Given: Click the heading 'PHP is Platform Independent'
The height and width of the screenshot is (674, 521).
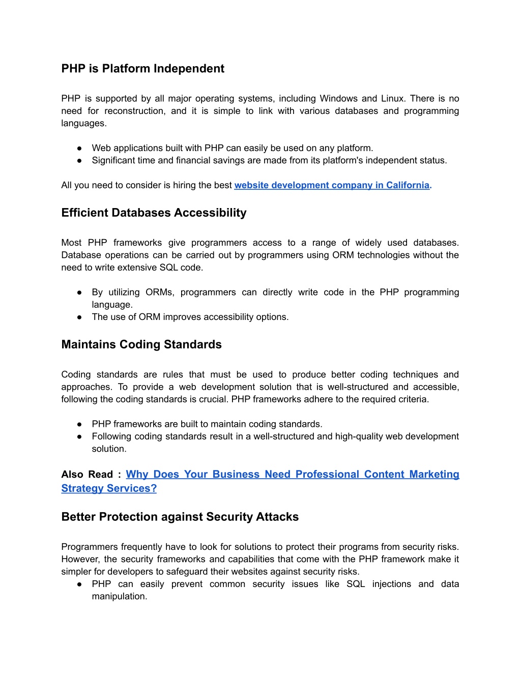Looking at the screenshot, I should [x=142, y=69].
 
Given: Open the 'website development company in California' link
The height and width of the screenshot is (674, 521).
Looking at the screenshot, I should [x=332, y=185].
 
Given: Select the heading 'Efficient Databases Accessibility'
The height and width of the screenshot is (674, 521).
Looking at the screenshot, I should [x=154, y=213].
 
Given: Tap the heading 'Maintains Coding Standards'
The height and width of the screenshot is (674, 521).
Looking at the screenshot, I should [x=141, y=344].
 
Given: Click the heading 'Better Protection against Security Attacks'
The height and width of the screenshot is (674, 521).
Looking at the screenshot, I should [x=180, y=517].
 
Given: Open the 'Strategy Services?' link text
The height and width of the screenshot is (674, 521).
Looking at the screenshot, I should [x=109, y=488].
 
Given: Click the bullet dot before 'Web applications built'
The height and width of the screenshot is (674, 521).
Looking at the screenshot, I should [x=79, y=148].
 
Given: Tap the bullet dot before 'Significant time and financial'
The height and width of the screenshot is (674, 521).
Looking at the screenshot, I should [x=79, y=160].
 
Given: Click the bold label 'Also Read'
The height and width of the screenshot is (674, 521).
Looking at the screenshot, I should [x=87, y=475].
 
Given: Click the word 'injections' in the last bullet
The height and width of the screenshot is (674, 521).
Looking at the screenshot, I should [x=391, y=584].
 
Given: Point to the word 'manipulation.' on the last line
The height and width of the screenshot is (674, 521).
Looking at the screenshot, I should [x=120, y=596].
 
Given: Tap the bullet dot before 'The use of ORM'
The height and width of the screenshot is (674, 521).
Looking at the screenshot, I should [x=79, y=317].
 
